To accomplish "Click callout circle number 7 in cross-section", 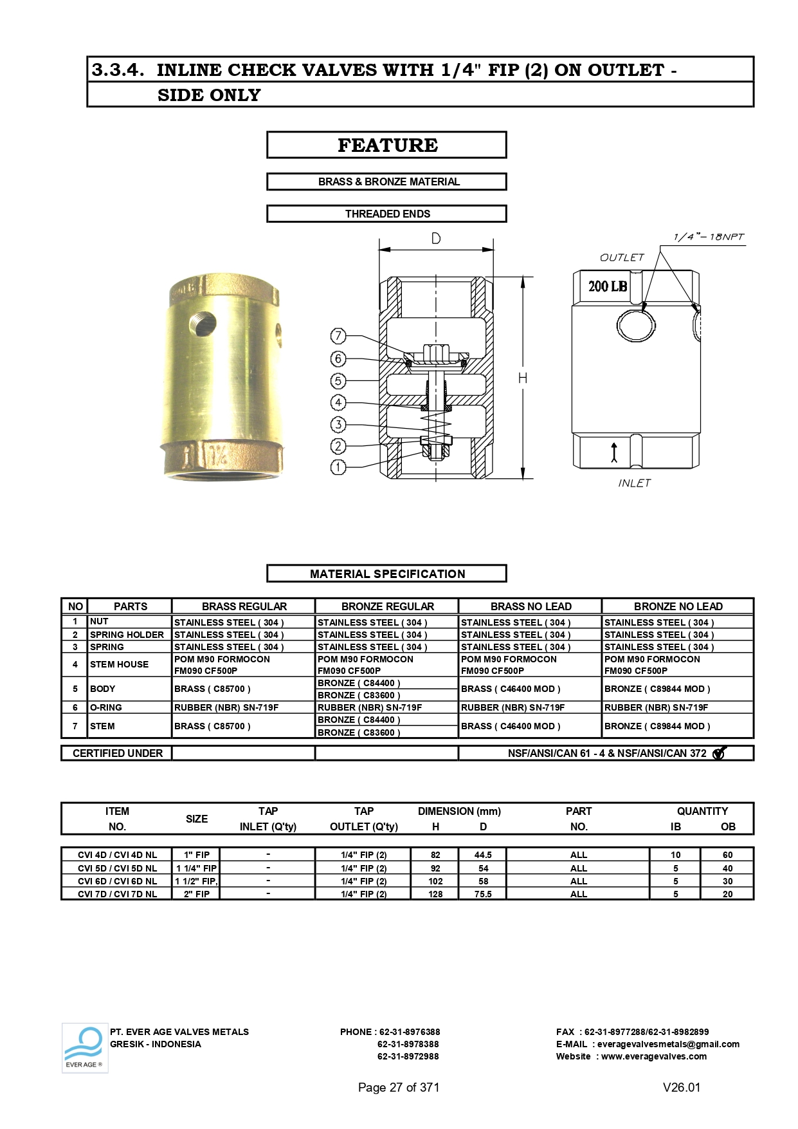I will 338,336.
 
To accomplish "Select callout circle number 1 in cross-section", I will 338,467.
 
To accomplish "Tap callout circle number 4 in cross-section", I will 338,403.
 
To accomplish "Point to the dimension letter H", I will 523,378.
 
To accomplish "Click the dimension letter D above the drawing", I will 436,239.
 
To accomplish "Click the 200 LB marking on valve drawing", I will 608,286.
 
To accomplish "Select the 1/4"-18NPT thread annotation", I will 709,237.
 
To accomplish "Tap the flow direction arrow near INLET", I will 614,453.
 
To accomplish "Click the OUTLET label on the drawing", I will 622,257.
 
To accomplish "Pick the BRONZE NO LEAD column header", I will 678,606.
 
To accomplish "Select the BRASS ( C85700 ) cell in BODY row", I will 213,689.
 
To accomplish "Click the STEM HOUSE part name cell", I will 120,664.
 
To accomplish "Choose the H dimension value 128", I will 435,894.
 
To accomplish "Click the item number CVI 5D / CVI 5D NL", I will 117,868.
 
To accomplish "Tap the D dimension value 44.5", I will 483,855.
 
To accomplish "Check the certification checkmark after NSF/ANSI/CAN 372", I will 719,753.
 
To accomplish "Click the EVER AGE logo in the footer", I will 85,1048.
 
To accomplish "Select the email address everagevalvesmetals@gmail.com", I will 668,1044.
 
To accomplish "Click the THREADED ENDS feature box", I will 387,214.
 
